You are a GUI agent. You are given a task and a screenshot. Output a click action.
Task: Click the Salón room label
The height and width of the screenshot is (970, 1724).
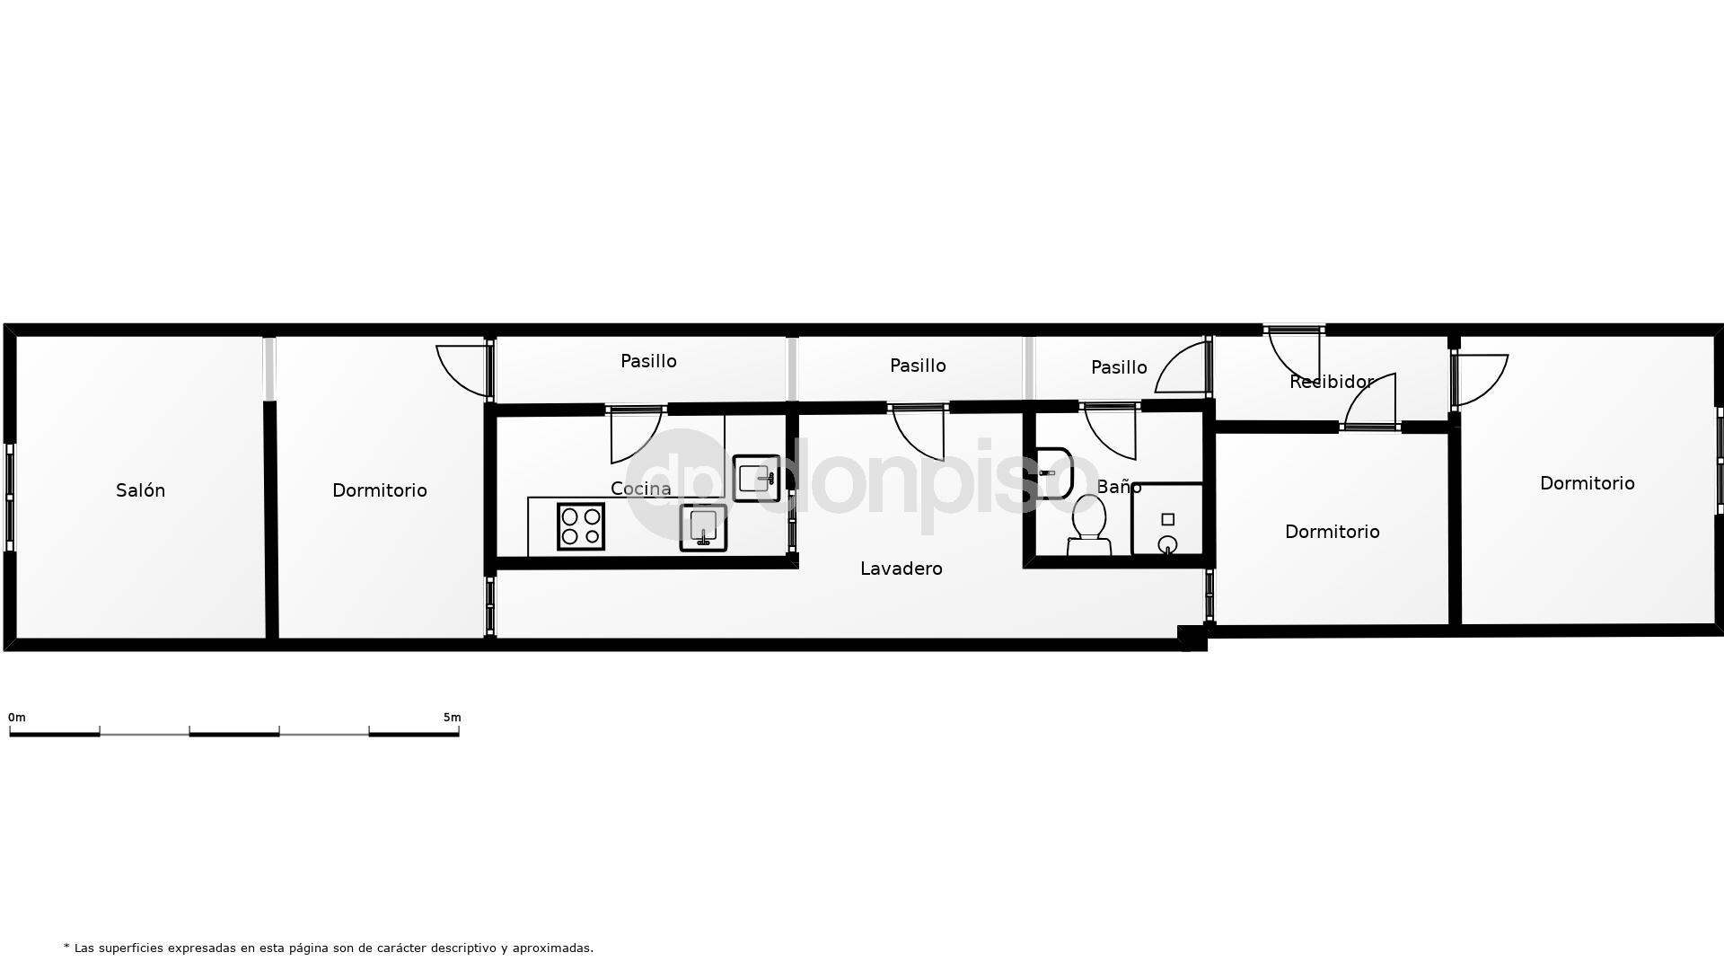pyautogui.click(x=141, y=490)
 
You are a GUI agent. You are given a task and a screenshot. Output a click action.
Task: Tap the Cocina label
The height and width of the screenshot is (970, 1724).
pyautogui.click(x=640, y=489)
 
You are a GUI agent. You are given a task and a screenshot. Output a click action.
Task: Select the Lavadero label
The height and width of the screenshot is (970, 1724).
pyautogui.click(x=901, y=569)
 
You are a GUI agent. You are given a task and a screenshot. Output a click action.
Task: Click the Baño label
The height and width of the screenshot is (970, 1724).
pyautogui.click(x=1119, y=487)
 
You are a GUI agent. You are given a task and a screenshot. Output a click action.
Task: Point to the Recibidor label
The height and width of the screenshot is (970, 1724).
pyautogui.click(x=1331, y=382)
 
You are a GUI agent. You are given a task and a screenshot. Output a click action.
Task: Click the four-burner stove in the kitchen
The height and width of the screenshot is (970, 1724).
pyautogui.click(x=581, y=526)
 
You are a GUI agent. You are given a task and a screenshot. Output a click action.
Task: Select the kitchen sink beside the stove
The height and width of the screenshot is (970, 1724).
pyautogui.click(x=703, y=527)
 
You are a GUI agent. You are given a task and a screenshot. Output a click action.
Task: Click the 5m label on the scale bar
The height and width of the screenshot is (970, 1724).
pyautogui.click(x=452, y=718)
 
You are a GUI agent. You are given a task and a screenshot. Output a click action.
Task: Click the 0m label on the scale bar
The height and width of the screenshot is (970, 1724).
pyautogui.click(x=17, y=718)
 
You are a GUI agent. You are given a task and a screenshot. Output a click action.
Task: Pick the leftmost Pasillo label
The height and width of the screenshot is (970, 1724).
pyautogui.click(x=648, y=361)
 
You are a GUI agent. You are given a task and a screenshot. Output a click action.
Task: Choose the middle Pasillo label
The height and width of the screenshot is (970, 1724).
pyautogui.click(x=918, y=366)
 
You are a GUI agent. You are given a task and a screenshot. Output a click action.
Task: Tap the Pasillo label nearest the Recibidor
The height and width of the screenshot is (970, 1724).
pyautogui.click(x=1119, y=367)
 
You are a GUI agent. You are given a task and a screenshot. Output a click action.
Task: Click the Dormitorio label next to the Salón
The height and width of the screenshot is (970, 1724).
pyautogui.click(x=379, y=490)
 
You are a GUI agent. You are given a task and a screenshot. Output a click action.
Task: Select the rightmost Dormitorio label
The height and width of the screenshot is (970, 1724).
pyautogui.click(x=1587, y=483)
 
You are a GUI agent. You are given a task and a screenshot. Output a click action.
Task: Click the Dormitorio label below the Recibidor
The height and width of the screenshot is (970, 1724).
pyautogui.click(x=1332, y=532)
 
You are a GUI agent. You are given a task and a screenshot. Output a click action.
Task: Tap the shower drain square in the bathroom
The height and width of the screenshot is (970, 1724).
pyautogui.click(x=1167, y=519)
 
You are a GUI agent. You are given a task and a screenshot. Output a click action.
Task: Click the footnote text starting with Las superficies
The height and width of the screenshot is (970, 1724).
pyautogui.click(x=329, y=948)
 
